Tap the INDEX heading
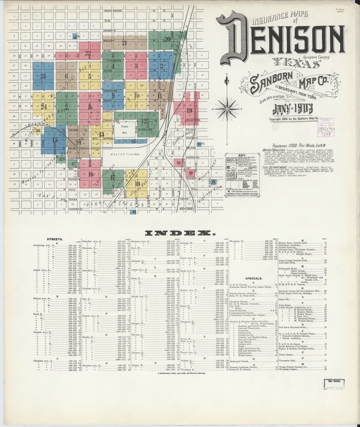tap(180, 233)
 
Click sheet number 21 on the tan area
tap(124, 43)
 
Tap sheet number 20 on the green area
tap(167, 39)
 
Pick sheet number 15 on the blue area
tap(55, 140)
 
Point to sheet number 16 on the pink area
tap(91, 174)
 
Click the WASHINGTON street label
tap(113, 11)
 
